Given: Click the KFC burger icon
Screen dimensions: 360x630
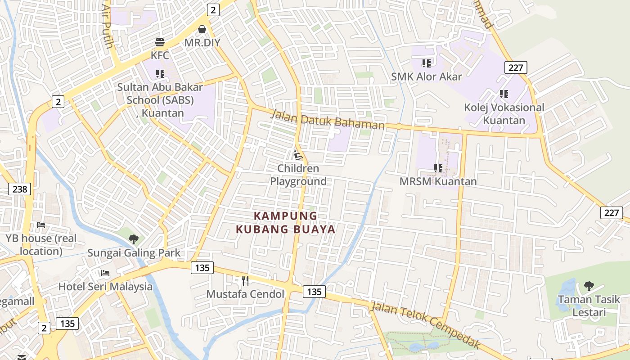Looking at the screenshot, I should tap(160, 42).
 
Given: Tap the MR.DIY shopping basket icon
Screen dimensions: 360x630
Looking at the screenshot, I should tap(202, 29).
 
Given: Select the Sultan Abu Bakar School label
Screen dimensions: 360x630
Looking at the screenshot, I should tap(160, 100).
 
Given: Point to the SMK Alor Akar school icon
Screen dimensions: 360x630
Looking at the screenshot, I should tap(426, 63).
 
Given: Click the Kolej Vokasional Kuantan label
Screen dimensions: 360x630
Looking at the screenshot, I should tap(504, 114).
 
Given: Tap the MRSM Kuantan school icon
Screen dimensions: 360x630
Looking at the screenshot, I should tap(438, 168).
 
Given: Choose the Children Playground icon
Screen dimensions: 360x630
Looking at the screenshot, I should tap(297, 156).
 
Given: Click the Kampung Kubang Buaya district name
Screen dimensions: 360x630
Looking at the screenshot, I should tap(286, 222).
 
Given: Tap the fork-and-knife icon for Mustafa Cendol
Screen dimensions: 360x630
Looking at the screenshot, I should tap(245, 281).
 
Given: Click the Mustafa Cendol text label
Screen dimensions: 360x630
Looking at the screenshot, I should tap(245, 294).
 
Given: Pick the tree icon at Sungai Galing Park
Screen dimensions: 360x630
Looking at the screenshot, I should tap(133, 239).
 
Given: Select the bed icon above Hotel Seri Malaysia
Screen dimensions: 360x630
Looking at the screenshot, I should tap(105, 273).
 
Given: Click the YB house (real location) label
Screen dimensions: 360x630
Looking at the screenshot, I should tap(41, 244).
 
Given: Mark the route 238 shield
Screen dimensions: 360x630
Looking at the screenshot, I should tap(20, 189).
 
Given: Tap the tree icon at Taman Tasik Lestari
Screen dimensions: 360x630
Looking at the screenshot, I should tap(589, 286).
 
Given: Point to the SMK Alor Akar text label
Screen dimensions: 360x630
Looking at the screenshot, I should tap(426, 76).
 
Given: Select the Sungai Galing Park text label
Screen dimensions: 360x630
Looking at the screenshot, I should tap(134, 253).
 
